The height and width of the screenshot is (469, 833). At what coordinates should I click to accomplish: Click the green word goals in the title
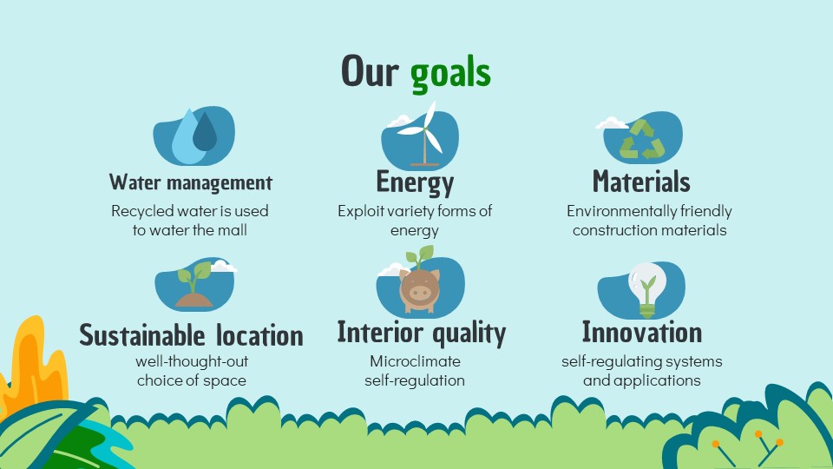[x=450, y=74]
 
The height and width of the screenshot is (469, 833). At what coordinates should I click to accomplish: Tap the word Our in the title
[x=370, y=70]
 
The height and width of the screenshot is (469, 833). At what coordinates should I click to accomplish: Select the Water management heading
[x=191, y=182]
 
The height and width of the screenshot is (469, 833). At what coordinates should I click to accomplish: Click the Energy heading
[x=415, y=182]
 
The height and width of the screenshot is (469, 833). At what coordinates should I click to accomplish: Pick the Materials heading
[x=641, y=182]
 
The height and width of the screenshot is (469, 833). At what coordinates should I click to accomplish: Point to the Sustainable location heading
[x=191, y=335]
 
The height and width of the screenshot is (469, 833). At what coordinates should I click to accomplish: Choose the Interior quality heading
[x=422, y=333]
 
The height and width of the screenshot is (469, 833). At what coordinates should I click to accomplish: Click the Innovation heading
[x=642, y=333]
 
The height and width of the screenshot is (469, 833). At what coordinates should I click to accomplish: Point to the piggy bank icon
[x=420, y=289]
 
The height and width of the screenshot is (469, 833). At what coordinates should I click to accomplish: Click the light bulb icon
[x=646, y=289]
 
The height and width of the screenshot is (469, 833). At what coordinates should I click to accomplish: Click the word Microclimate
[x=415, y=361]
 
